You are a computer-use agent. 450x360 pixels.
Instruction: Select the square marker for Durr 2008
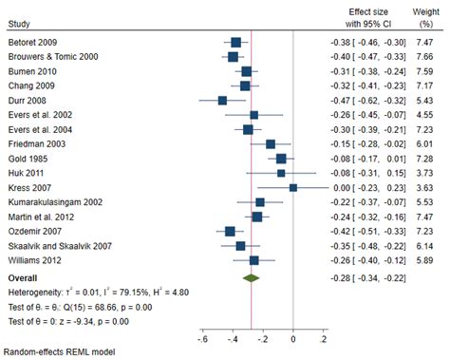click(222, 100)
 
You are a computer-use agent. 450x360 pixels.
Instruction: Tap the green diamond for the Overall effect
click(251, 278)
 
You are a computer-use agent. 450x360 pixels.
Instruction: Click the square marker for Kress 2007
click(293, 187)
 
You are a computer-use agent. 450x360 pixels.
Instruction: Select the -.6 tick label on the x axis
click(201, 340)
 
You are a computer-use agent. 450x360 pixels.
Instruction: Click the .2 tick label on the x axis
click(324, 340)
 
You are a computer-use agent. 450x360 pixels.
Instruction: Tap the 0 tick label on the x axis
click(293, 340)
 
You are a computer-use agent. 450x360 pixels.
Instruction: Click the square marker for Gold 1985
click(281, 158)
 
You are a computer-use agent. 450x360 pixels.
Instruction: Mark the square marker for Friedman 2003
click(271, 143)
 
